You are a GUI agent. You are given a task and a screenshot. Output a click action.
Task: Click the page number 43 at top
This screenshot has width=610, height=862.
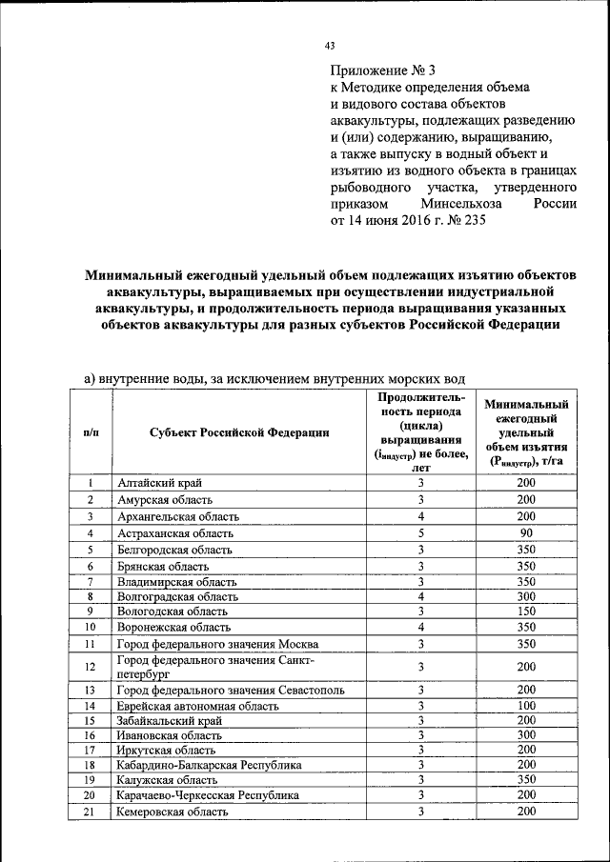(331, 46)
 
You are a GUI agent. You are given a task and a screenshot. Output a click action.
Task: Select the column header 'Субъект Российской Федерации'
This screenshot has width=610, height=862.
(239, 431)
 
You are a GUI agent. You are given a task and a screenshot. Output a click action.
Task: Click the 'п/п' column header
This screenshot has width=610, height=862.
(91, 431)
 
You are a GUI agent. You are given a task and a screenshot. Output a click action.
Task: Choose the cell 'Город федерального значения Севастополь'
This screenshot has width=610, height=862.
(231, 690)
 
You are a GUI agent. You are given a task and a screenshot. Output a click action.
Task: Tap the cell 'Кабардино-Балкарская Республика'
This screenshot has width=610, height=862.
(209, 765)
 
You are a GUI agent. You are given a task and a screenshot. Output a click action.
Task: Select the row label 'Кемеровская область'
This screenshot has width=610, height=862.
(173, 812)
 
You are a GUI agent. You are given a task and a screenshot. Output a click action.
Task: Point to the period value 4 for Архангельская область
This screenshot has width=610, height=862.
(419, 516)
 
